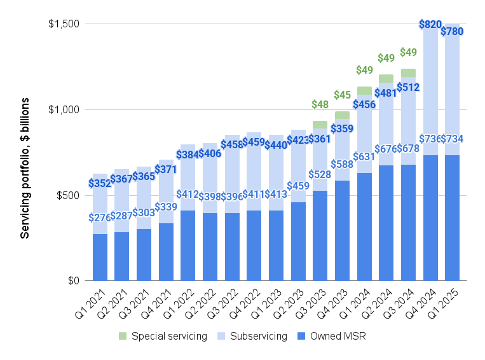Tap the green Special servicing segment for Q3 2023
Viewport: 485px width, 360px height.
point(320,125)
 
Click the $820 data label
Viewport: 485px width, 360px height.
point(430,25)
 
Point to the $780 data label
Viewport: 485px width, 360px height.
point(452,31)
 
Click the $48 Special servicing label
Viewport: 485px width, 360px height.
point(320,104)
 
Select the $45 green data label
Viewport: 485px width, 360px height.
point(342,95)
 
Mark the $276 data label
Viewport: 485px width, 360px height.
point(100,218)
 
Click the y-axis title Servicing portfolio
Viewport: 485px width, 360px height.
point(25,168)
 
